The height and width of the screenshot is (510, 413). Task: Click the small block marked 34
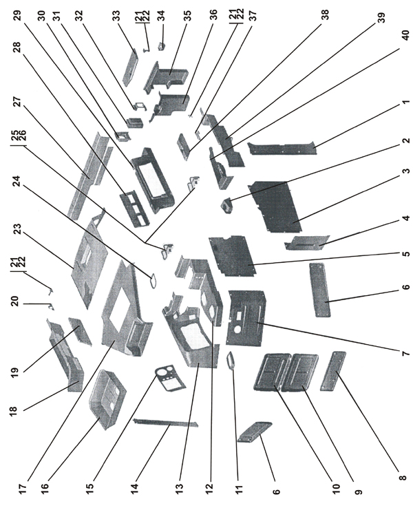pos(164,45)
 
